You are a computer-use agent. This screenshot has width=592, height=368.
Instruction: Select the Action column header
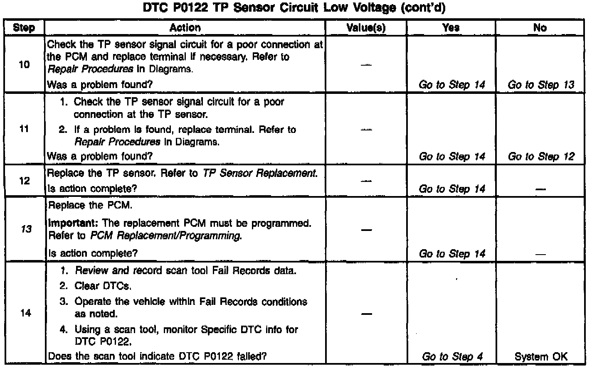coord(185,28)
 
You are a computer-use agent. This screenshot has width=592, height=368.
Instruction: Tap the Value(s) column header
coord(366,28)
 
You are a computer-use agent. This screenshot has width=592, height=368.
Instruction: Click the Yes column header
coord(451,28)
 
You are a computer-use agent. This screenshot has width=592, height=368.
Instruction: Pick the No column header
coord(540,28)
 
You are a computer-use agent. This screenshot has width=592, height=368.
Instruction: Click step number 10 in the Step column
coord(25,64)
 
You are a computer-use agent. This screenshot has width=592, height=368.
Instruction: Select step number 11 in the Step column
coord(25,129)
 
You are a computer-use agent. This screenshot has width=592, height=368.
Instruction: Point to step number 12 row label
coord(25,181)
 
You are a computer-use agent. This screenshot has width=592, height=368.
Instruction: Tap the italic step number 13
coord(26,229)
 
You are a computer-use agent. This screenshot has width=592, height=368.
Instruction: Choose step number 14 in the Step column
coord(25,313)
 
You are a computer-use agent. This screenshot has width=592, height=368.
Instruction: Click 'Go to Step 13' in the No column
coord(540,85)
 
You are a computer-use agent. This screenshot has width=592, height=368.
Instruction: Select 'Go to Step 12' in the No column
coord(540,157)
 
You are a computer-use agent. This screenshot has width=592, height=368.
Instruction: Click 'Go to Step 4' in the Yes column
coord(452,357)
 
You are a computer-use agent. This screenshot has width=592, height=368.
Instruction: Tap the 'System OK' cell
coord(540,357)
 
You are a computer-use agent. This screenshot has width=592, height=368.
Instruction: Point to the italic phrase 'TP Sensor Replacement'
coord(259,173)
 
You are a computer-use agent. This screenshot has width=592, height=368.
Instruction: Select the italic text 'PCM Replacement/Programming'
coord(165,236)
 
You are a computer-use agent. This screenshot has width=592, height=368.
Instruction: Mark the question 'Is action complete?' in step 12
coord(92,189)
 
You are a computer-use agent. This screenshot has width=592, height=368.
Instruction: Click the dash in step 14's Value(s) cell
coord(366,314)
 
